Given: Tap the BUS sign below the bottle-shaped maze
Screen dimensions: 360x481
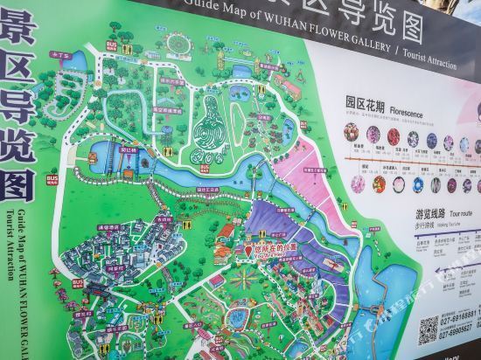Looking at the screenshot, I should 205,167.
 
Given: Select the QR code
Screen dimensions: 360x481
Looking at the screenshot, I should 429,329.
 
